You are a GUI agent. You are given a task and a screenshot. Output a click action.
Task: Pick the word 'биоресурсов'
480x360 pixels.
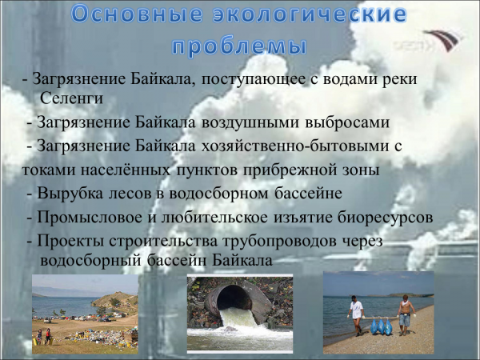[x=385, y=217]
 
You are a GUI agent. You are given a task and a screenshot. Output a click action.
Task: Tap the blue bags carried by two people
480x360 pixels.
[x=381, y=326]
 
